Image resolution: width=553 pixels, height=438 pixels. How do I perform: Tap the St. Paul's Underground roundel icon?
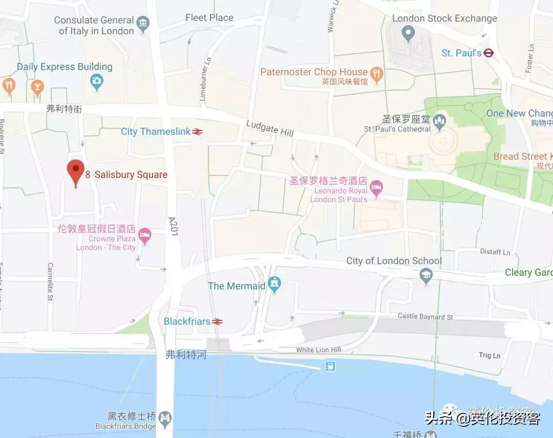(x=488, y=53)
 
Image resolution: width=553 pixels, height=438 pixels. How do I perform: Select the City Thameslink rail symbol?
(x=198, y=132)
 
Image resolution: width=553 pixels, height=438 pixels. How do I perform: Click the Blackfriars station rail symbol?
(x=218, y=321)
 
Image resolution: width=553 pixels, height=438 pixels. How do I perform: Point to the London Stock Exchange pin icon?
(x=408, y=35)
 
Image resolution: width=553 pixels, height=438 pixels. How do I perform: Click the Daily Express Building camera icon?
(x=96, y=80)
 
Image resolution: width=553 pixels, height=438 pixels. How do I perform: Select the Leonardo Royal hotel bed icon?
(x=376, y=188)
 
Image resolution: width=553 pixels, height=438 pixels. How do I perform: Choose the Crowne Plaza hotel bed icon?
(x=145, y=236)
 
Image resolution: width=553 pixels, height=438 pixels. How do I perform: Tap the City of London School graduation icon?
(x=426, y=277)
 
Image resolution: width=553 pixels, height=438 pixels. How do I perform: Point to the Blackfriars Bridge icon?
(x=165, y=418)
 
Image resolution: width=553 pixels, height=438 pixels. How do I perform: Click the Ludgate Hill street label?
(x=269, y=127)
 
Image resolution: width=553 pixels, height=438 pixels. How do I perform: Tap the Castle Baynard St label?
(x=425, y=317)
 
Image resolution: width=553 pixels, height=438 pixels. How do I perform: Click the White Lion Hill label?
(x=318, y=350)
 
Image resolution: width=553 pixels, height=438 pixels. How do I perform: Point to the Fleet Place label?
(x=209, y=18)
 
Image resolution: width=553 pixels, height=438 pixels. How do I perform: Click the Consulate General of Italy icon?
(x=143, y=23)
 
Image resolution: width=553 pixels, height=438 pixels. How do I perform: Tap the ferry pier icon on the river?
(x=330, y=366)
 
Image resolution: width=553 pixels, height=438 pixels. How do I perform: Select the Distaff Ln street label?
(x=495, y=252)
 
